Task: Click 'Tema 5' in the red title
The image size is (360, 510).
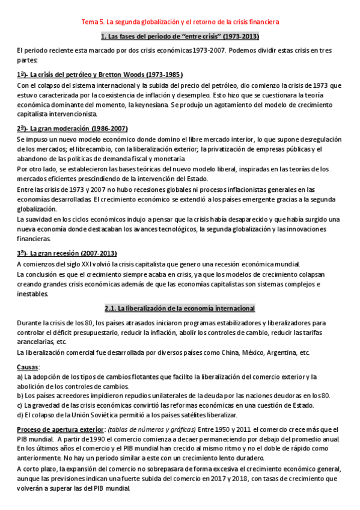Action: [x=93, y=22]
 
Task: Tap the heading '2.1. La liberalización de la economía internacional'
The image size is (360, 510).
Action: [x=180, y=309]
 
